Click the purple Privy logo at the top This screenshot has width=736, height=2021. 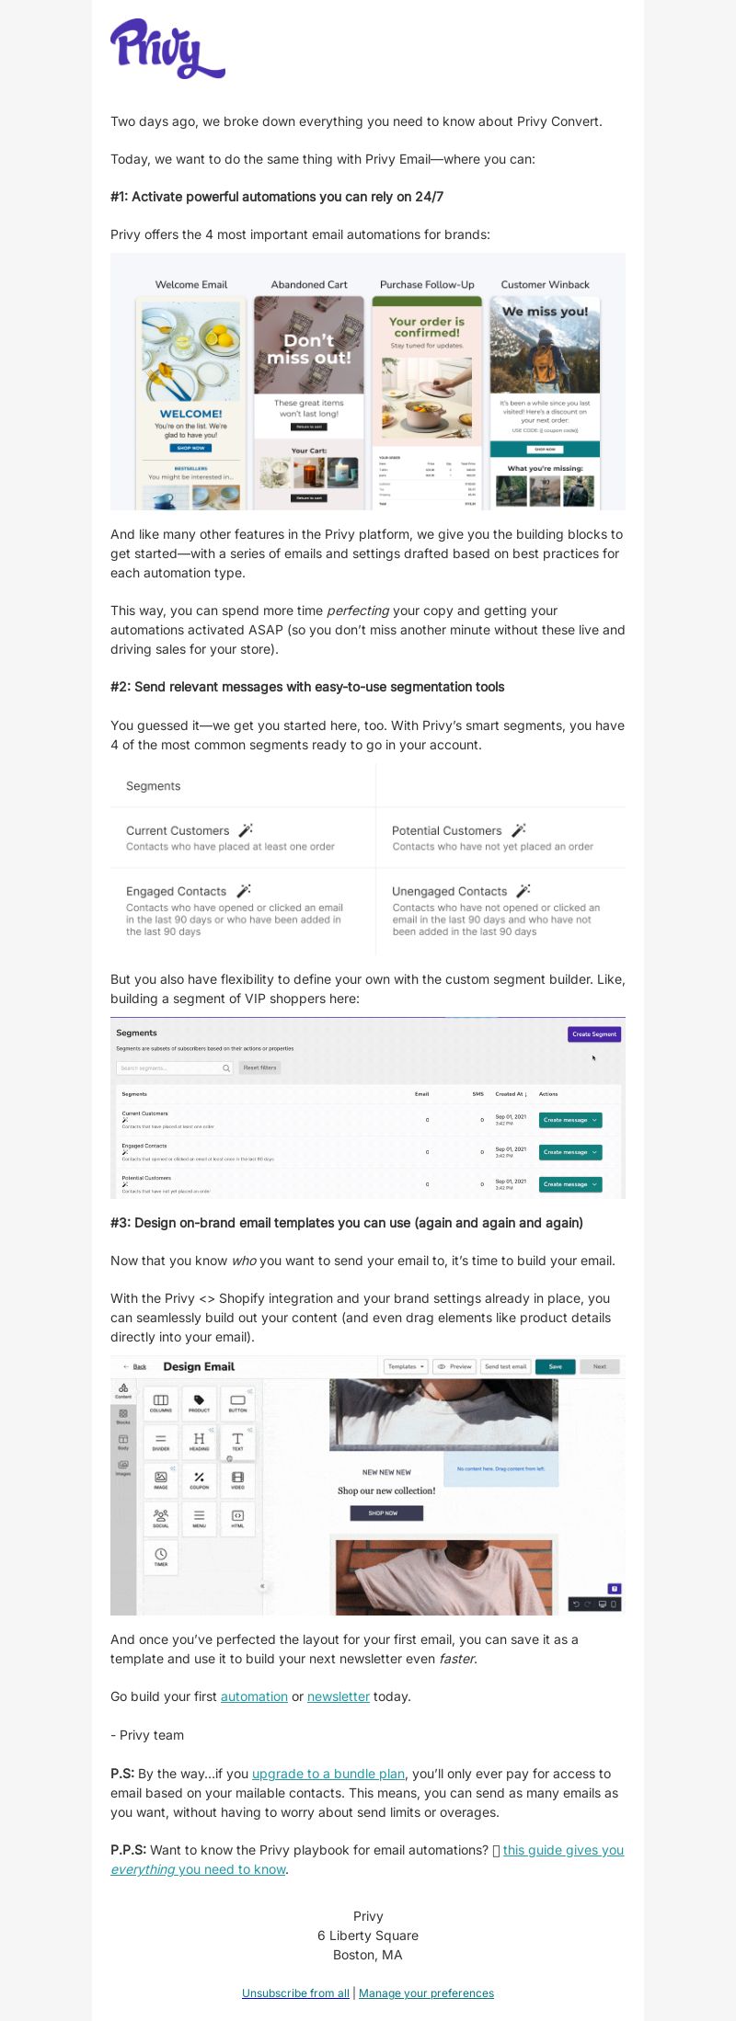click(167, 48)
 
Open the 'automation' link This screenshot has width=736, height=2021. click(254, 1696)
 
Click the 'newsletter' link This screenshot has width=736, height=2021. click(339, 1696)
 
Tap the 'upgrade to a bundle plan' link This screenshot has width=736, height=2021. click(328, 1774)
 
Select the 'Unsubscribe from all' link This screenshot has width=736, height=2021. click(295, 1992)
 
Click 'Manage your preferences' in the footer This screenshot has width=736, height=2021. click(426, 1992)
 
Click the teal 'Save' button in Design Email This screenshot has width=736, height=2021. click(555, 1366)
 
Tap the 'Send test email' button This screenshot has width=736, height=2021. click(505, 1366)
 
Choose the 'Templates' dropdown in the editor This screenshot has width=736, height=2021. click(405, 1366)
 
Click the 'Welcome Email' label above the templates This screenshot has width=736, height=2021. click(191, 285)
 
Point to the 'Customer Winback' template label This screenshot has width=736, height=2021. click(545, 285)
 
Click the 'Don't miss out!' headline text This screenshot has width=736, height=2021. click(309, 349)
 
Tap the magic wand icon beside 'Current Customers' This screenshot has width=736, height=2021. click(246, 829)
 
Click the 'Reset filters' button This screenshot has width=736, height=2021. click(259, 1068)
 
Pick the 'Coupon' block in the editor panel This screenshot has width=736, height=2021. click(199, 1479)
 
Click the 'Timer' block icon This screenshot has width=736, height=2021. click(161, 1557)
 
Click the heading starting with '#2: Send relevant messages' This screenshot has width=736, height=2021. click(307, 687)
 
